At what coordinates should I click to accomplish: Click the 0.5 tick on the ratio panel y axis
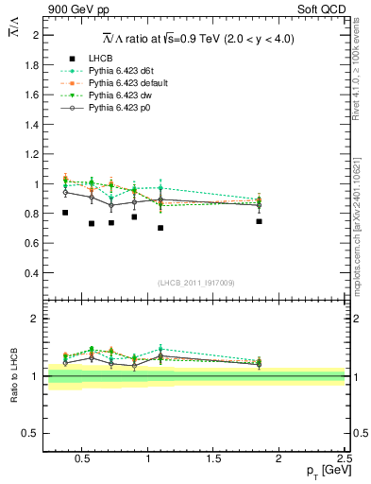32,433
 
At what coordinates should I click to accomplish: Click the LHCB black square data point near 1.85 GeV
259,221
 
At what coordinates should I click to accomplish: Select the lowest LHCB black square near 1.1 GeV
160,228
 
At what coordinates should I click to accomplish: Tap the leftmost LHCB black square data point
64,213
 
